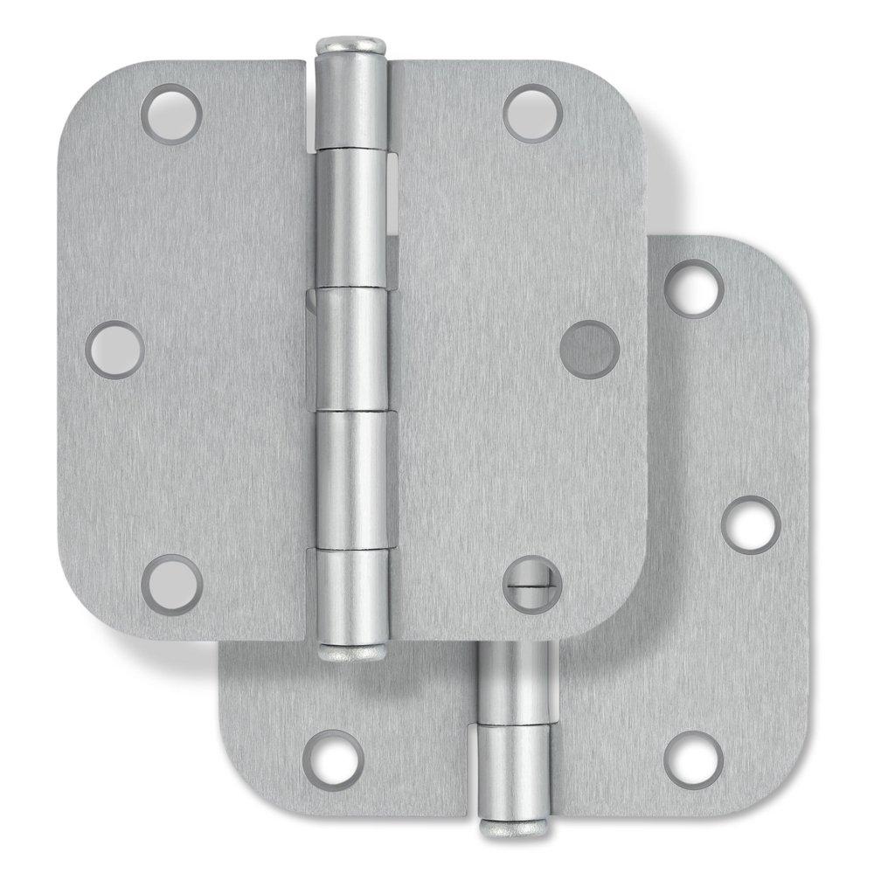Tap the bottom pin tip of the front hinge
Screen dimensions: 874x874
click(348, 651)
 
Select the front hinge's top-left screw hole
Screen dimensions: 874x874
click(171, 114)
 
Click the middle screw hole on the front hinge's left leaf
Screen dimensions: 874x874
click(115, 349)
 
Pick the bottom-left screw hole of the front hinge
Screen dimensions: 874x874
click(171, 584)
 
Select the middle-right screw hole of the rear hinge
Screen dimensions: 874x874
click(750, 524)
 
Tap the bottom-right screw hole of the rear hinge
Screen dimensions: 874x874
click(693, 759)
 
